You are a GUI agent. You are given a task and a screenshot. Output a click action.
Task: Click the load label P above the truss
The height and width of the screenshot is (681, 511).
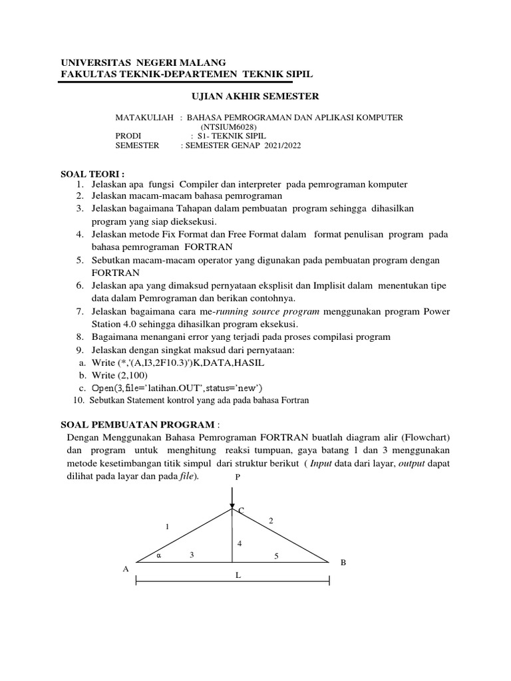pos(236,477)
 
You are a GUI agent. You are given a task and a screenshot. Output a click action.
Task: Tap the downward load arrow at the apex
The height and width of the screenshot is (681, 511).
pos(232,497)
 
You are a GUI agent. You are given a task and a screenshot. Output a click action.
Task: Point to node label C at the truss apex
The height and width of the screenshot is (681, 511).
pos(241,511)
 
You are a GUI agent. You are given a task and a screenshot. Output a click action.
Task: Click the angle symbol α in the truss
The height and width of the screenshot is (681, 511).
pos(159,555)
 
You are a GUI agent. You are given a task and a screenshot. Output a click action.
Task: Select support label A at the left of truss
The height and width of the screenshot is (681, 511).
pos(125,569)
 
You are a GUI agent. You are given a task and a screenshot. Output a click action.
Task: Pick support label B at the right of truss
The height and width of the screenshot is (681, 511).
pos(343,563)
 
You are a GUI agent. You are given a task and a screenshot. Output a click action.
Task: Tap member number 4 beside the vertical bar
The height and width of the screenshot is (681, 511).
pos(240,544)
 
